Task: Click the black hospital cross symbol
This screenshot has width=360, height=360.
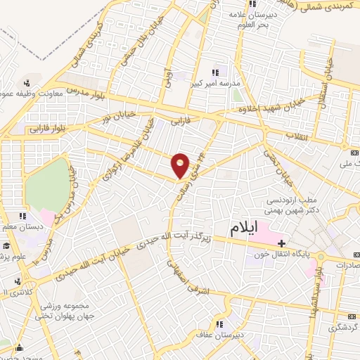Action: (281, 243)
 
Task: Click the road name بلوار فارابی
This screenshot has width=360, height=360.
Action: (46, 128)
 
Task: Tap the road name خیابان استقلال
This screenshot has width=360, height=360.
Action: (327, 80)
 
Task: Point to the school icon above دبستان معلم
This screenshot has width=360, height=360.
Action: (22, 216)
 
